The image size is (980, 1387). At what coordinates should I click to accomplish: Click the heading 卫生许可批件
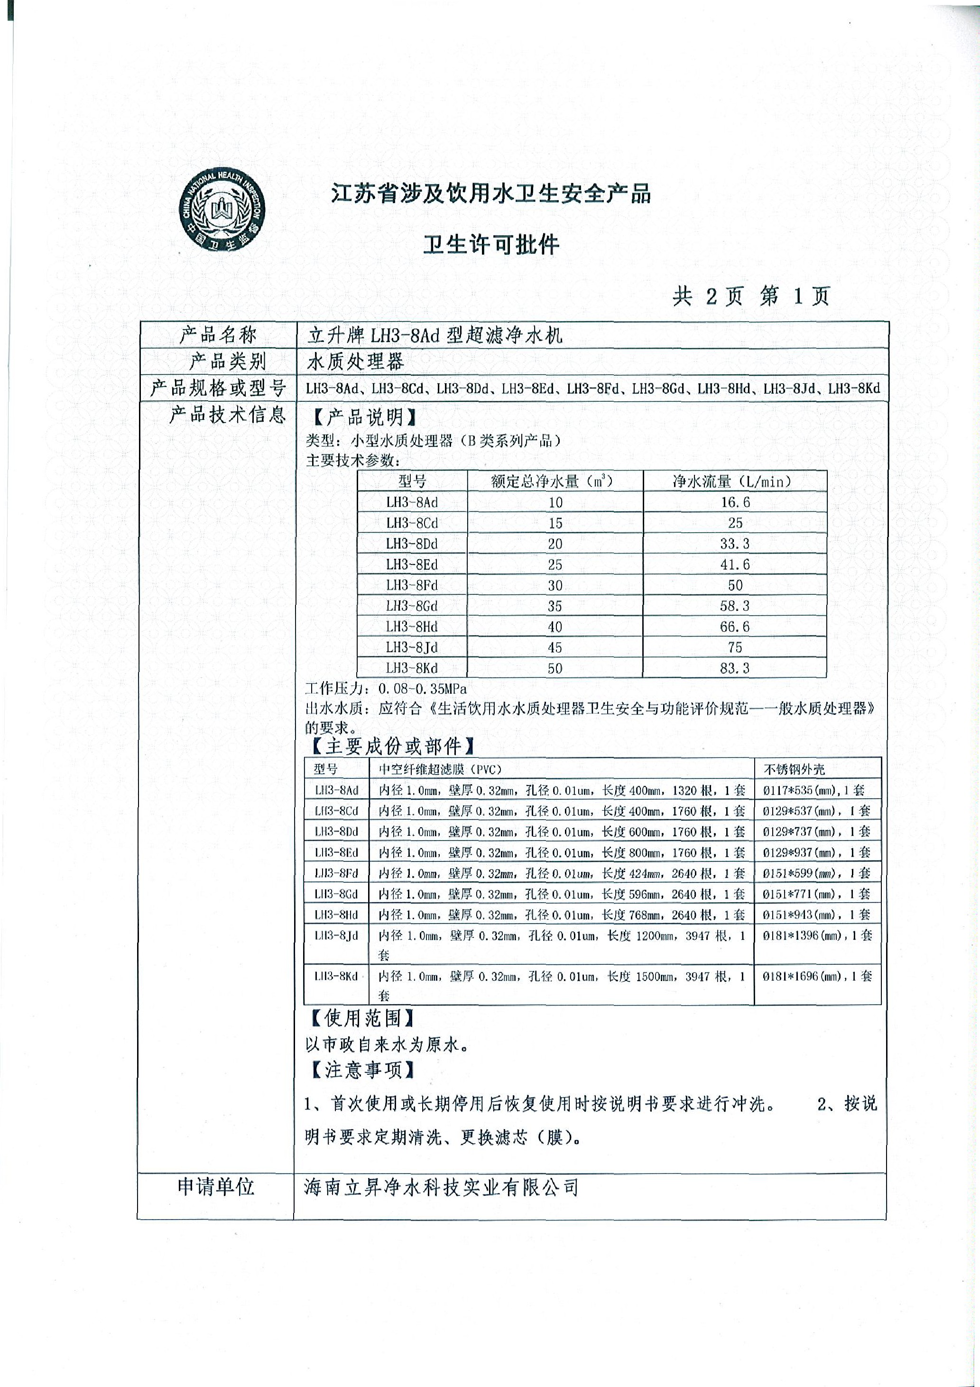[x=490, y=245]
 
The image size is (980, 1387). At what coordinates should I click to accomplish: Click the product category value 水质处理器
[x=355, y=361]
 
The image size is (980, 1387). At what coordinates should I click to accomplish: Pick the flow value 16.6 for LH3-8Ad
[x=735, y=502]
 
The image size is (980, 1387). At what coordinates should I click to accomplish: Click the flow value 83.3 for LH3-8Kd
[x=735, y=668]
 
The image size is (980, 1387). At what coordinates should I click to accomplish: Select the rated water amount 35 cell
[x=555, y=606]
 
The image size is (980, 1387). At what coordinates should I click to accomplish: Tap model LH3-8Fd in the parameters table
[x=412, y=585]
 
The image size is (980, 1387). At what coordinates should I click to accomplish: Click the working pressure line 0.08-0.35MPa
[x=387, y=689]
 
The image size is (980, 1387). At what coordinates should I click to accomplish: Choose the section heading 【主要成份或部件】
[x=393, y=747]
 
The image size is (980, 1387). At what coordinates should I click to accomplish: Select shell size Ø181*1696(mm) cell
[x=816, y=976]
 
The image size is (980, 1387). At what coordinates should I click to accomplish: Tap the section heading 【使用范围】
[x=362, y=1018]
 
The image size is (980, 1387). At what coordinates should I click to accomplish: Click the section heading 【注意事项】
[x=362, y=1070]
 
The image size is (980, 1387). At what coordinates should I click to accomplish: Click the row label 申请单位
[x=216, y=1186]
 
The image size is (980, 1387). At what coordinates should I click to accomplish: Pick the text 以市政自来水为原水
[x=387, y=1044]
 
